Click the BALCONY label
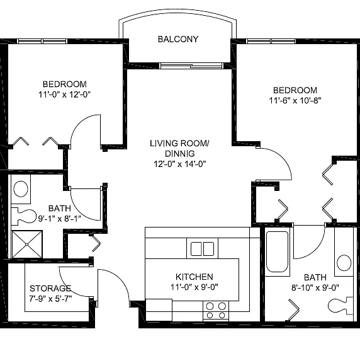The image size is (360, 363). (x=178, y=39)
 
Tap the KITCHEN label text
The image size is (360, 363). (x=194, y=277)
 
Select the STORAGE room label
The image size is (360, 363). (x=50, y=289)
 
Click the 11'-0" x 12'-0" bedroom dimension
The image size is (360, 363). (x=64, y=95)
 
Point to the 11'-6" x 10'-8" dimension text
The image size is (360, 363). (x=295, y=100)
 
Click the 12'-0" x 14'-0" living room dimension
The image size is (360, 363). (x=180, y=164)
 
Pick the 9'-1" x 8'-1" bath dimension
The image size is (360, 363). (x=60, y=219)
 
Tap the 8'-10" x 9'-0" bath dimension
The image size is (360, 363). (x=315, y=287)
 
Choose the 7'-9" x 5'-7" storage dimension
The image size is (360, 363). (x=50, y=299)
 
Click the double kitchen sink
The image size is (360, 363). (x=202, y=249)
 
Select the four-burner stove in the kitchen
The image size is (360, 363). (x=216, y=311)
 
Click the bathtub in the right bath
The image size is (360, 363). (x=277, y=252)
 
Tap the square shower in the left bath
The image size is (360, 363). (x=27, y=245)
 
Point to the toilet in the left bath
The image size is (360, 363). (x=24, y=216)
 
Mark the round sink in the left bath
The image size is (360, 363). (x=21, y=188)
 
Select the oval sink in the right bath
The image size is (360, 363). (x=344, y=263)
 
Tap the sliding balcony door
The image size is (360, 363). (x=191, y=66)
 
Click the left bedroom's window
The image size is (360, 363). (x=42, y=42)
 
